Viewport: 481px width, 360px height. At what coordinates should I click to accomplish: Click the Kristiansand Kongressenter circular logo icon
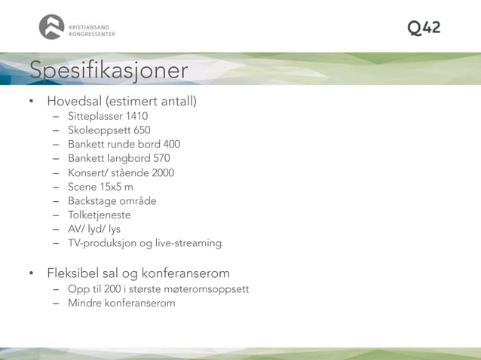click(51, 27)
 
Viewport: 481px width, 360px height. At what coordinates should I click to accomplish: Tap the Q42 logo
click(424, 28)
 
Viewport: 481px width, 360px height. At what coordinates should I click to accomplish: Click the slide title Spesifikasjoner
click(109, 70)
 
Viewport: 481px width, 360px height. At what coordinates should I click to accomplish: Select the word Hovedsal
click(74, 101)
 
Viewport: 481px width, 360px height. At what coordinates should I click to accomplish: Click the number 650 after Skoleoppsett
click(142, 130)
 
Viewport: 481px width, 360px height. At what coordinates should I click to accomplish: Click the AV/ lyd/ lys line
click(94, 229)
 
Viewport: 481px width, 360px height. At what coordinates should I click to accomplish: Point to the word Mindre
click(84, 303)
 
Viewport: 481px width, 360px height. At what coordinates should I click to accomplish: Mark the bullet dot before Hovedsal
click(32, 102)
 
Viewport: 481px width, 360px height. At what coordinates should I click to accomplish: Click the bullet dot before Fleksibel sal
click(32, 273)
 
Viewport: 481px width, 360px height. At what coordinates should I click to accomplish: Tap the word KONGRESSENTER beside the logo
click(91, 34)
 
